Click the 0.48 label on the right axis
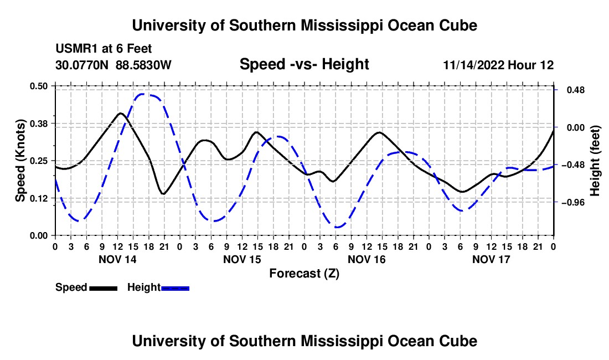pos(576,90)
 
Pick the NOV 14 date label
pos(117,259)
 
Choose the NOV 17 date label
pos(491,259)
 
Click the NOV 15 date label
pos(242,259)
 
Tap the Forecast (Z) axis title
pos(304,274)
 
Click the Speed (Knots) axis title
pos(20,161)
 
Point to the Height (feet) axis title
pos(595,161)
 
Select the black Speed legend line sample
pos(104,288)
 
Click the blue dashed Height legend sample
pos(175,288)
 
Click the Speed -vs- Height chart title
pos(304,64)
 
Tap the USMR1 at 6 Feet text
pos(104,49)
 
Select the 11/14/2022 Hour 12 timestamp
pos(498,65)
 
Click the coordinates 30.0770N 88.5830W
pos(113,65)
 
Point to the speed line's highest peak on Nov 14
pos(121,114)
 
